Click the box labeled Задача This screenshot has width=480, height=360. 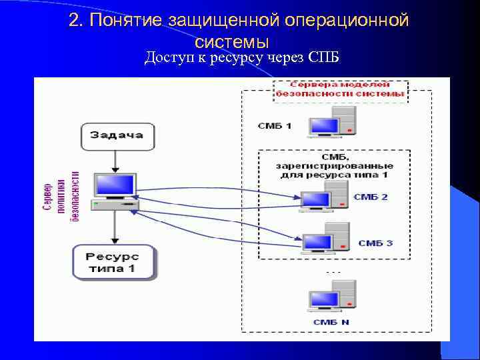click(117, 135)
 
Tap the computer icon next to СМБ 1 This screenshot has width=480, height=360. click(331, 122)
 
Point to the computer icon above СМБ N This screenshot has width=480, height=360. click(331, 297)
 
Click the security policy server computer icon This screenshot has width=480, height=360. click(114, 191)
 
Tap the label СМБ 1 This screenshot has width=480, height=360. click(275, 125)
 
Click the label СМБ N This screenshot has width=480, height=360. click(331, 322)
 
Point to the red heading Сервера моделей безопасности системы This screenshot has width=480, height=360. click(341, 89)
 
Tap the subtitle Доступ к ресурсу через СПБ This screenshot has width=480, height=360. click(242, 57)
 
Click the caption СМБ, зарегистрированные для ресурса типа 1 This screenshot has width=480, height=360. click(334, 165)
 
